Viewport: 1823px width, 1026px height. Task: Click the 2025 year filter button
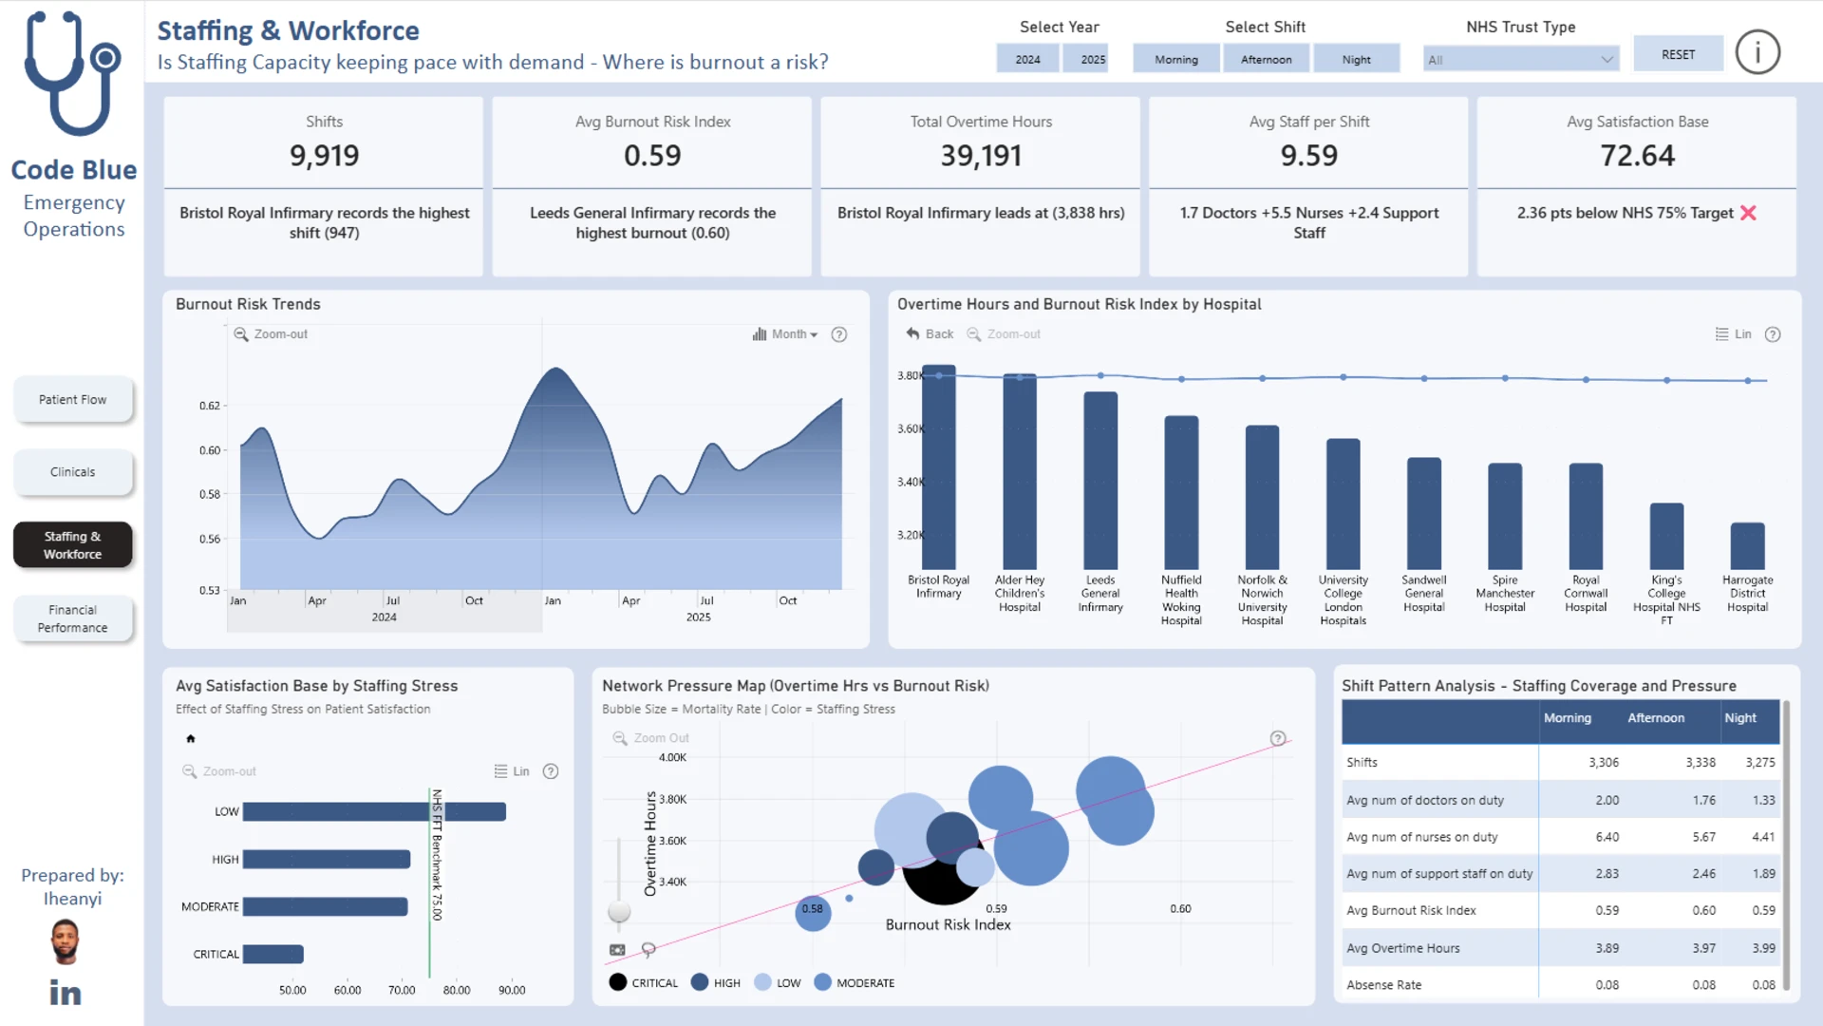pos(1092,59)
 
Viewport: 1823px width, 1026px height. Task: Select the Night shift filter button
pos(1356,59)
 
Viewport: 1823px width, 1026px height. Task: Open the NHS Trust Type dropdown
pos(1520,59)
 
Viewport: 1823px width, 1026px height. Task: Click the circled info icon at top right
pos(1757,52)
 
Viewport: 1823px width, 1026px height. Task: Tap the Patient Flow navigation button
pos(72,400)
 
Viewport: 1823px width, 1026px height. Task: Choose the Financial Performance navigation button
pos(72,618)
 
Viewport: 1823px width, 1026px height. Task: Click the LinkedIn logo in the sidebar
pos(66,993)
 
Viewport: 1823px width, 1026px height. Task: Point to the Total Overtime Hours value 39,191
pos(981,156)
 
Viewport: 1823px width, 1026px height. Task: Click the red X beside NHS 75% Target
pos(1748,213)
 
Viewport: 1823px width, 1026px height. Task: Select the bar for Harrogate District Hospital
pos(1747,546)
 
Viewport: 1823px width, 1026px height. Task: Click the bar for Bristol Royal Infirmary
pos(939,467)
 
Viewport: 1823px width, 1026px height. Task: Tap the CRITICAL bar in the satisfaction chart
pos(273,954)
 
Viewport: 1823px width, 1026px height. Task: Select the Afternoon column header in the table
pos(1656,718)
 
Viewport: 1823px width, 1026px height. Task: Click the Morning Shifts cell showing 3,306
pos(1604,762)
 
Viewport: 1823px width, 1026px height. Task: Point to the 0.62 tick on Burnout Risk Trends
pos(210,406)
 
